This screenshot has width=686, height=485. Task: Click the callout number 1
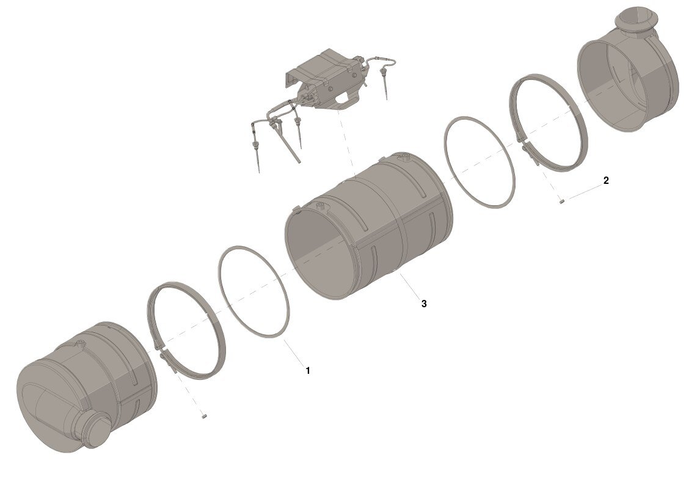pos(308,370)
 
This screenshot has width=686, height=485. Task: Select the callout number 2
pos(606,180)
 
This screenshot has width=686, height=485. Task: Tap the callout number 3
pos(424,304)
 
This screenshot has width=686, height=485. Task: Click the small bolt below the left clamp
pos(203,417)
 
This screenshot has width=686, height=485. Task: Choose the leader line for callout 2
pos(584,192)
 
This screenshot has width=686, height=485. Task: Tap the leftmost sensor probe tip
pos(259,171)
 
